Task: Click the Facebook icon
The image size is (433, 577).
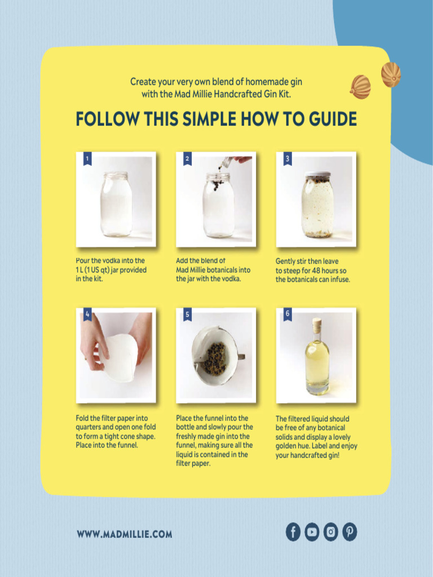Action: coord(293,532)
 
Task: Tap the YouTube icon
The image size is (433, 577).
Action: coord(312,532)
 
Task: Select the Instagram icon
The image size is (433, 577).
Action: coord(330,532)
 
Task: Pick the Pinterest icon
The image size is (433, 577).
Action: coord(350,532)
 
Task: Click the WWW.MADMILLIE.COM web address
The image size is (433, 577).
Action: coord(125,534)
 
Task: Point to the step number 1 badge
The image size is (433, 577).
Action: coord(87,159)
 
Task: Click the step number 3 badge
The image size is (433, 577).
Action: coord(288,159)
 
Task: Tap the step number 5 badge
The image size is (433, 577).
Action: coord(187,314)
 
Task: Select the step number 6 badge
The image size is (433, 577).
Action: coord(288,314)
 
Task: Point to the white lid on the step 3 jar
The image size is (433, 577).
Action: coord(318,174)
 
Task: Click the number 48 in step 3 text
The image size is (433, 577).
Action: coord(316,271)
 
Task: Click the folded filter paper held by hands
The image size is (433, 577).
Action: coord(119,358)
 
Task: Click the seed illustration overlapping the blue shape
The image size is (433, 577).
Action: coord(391,75)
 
